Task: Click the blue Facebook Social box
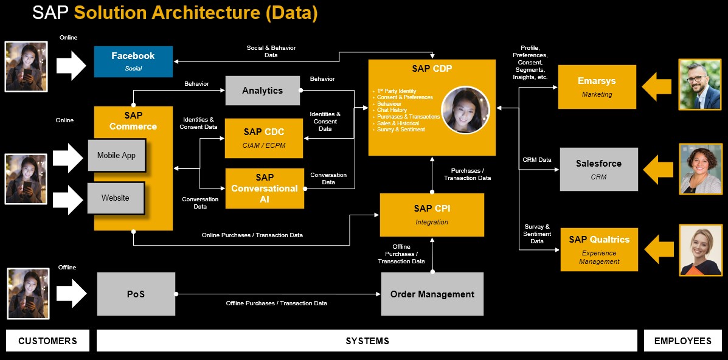pos(133,61)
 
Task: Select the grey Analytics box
pos(262,91)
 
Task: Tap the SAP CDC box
pos(264,137)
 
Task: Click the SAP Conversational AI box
pos(264,189)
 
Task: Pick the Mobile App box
pos(116,156)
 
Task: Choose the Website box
pos(115,198)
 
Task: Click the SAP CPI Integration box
pos(432,215)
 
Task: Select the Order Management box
pos(432,294)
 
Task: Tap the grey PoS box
pos(136,294)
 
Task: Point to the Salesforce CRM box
pos(598,169)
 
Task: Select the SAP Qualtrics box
pos(598,249)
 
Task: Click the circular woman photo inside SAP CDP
pos(465,110)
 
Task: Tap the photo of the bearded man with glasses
pos(699,84)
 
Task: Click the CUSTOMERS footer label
pos(47,341)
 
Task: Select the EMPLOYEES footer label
pos(682,341)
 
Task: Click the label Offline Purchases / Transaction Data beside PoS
pos(276,303)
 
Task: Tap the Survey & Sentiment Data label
pos(536,234)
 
